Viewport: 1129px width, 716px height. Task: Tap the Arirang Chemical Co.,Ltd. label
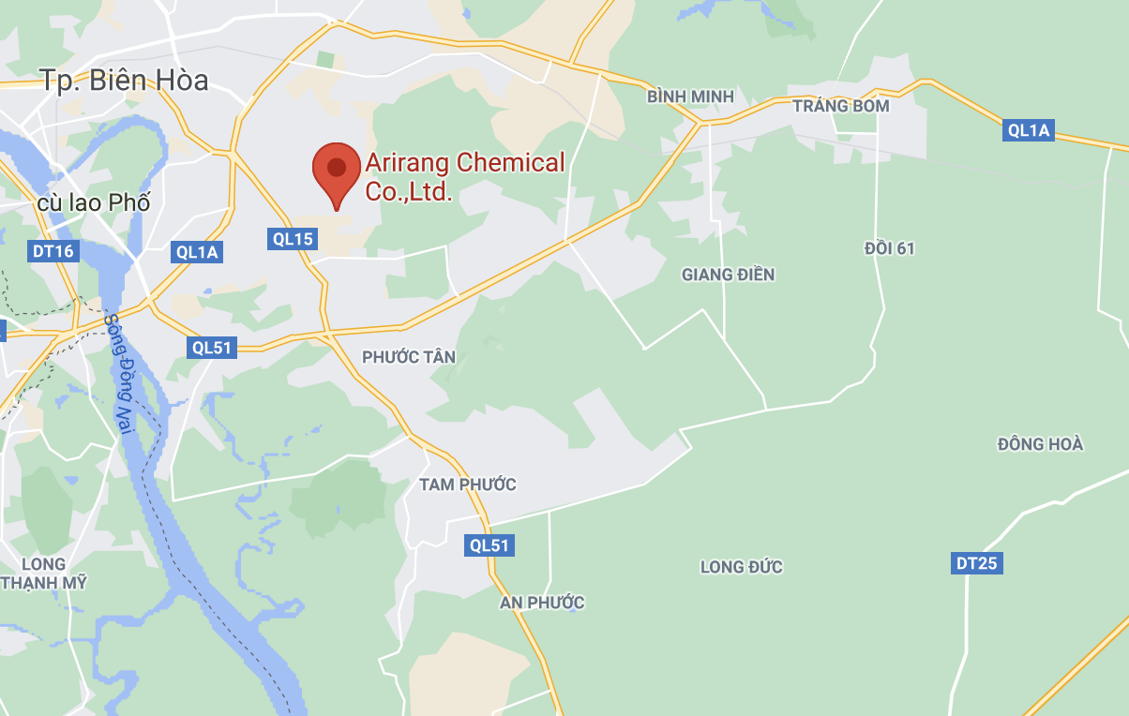(465, 177)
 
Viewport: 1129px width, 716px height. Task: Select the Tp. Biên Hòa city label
(124, 80)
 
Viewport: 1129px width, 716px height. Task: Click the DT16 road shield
(53, 250)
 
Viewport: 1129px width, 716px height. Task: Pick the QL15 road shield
(293, 239)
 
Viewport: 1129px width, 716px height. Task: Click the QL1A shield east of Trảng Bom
(1029, 130)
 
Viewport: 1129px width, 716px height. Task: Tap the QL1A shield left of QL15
(197, 251)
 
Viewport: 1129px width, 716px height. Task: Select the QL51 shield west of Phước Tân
(212, 347)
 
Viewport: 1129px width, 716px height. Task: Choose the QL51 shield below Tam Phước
(490, 545)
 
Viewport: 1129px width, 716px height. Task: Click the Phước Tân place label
(409, 357)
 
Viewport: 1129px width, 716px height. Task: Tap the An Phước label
(542, 602)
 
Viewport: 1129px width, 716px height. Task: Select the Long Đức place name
(741, 567)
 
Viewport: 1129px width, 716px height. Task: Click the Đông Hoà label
(1040, 443)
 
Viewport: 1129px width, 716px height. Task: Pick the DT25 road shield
(977, 563)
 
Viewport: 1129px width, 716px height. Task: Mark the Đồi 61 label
(889, 248)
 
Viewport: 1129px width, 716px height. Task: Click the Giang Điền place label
(728, 275)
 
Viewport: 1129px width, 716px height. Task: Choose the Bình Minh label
(690, 97)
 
